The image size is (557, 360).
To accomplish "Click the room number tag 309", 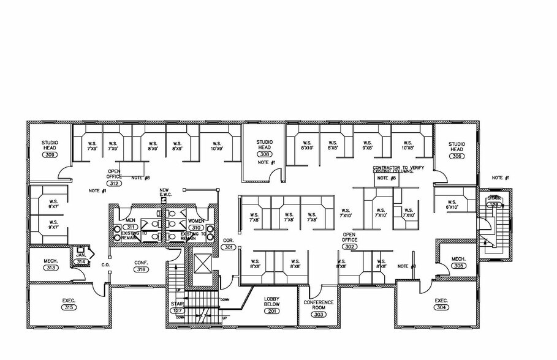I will tap(50, 156).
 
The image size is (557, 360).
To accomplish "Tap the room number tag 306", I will tap(457, 156).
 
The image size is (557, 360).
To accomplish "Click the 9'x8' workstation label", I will tap(368, 148).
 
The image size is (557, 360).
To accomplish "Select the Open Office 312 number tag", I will tap(114, 183).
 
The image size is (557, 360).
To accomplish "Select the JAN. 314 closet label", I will tap(81, 258).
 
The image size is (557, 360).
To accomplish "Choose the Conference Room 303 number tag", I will tap(319, 314).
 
